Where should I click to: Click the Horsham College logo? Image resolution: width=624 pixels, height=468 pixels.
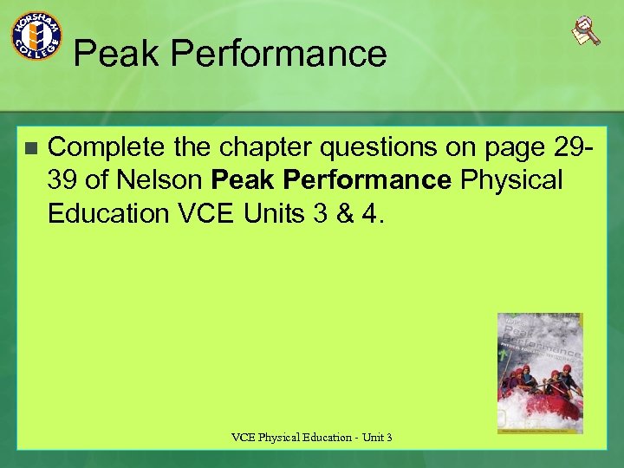pos(36,36)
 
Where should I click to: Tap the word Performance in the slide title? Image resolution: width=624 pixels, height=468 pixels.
pos(278,54)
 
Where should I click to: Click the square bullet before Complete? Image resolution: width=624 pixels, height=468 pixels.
pos(31,148)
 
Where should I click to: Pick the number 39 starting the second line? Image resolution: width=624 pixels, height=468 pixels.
pos(63,181)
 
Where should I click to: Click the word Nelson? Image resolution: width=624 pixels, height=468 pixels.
pos(159,181)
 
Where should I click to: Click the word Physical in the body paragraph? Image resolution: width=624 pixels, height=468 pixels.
pos(512,181)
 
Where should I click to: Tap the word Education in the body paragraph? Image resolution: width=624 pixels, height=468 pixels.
pos(109,213)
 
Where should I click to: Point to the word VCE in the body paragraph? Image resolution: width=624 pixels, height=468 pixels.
pos(205,213)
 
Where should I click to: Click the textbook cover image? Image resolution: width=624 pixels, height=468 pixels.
pos(540,373)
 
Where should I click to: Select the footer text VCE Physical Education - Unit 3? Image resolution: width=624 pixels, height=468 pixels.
pos(312,438)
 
